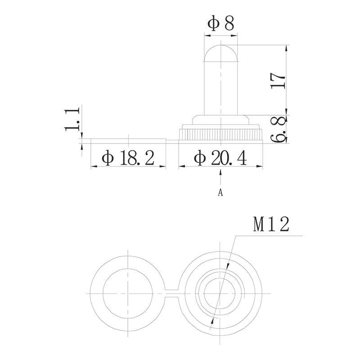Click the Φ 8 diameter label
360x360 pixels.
click(x=220, y=24)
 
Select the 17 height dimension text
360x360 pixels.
click(x=278, y=81)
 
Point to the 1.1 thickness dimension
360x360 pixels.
click(x=72, y=119)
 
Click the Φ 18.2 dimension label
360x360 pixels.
click(x=128, y=158)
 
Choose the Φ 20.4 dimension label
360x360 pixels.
click(x=220, y=158)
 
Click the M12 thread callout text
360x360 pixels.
click(x=271, y=224)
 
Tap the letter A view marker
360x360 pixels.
click(x=220, y=193)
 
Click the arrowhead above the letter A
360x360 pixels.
click(x=220, y=172)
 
